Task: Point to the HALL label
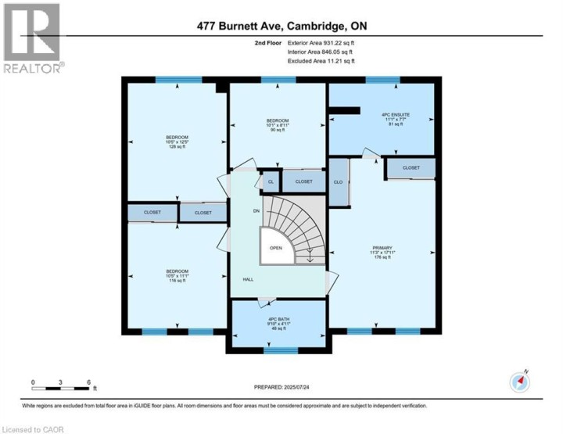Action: point(247,279)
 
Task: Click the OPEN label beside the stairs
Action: point(275,247)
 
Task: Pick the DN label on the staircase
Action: point(256,211)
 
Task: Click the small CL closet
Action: point(271,181)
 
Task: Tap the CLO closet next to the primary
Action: point(339,182)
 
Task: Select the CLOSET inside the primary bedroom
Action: point(411,168)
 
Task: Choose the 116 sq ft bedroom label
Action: point(177,275)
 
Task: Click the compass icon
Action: point(520,381)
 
